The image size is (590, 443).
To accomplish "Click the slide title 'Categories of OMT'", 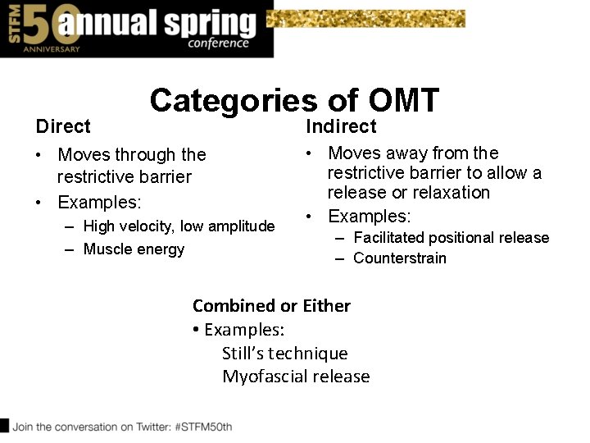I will [294, 101].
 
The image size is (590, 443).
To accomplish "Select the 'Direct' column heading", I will [63, 126].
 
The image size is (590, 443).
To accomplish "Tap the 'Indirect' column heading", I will [341, 126].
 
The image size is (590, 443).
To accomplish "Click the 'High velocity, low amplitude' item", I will [179, 226].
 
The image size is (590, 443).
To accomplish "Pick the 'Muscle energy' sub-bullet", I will [134, 249].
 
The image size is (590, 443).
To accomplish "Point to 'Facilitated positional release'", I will [451, 238].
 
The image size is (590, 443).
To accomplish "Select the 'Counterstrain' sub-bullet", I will [400, 258].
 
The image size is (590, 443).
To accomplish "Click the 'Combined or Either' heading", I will [271, 306].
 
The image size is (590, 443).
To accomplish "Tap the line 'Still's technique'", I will [284, 354].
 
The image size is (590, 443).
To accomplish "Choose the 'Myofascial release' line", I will [296, 377].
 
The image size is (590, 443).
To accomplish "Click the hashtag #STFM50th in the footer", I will [202, 427].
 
